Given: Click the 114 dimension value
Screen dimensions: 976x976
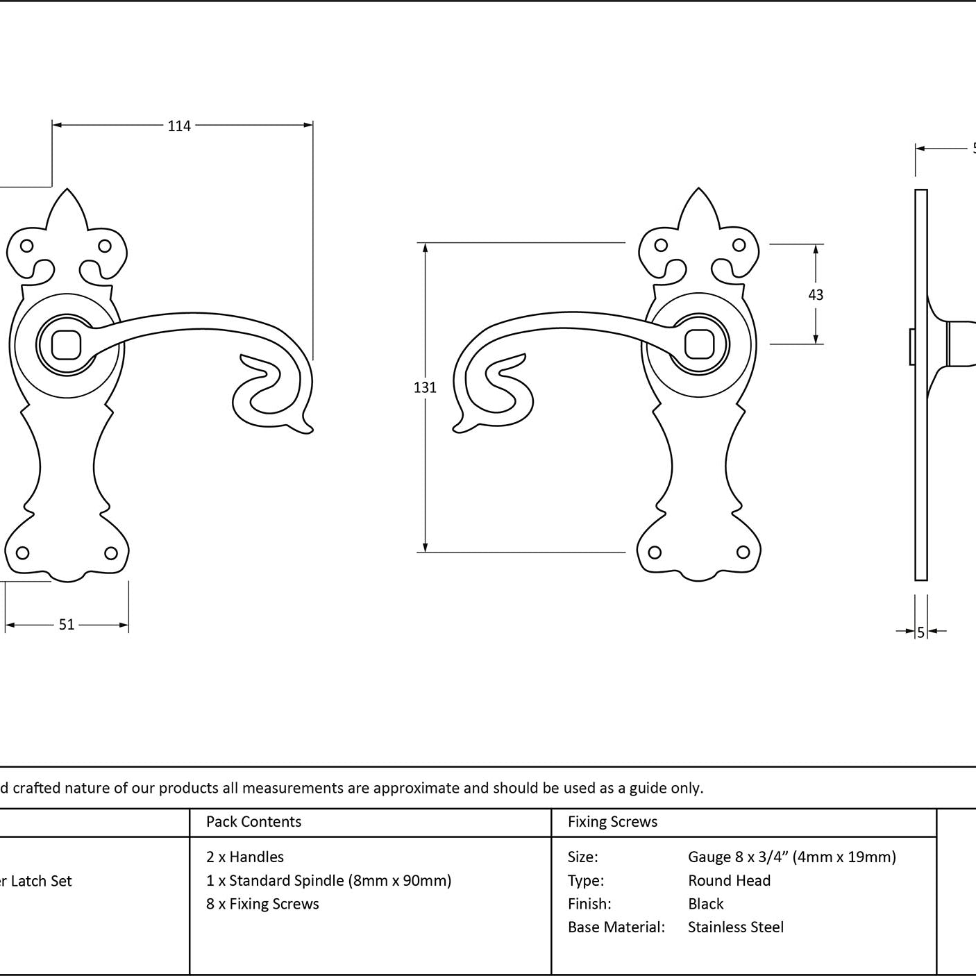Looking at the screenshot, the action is (x=179, y=126).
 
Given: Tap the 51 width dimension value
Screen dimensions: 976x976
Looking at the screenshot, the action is (x=67, y=625).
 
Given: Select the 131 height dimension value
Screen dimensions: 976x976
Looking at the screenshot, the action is (x=425, y=387).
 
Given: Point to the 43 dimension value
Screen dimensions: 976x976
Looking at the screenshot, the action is (x=816, y=295).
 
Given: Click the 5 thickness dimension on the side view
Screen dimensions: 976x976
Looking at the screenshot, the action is (x=920, y=632).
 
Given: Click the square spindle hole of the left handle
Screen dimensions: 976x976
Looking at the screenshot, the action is (x=66, y=345).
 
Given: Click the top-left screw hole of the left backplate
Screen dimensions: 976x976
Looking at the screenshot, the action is (x=27, y=246).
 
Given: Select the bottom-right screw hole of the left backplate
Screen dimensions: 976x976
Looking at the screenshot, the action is (x=111, y=553).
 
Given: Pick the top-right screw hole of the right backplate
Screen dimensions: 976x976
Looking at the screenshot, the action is (x=739, y=246).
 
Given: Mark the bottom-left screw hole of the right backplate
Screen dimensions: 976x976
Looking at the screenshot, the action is (x=655, y=552).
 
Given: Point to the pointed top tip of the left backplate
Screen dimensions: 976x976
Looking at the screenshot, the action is (x=67, y=189).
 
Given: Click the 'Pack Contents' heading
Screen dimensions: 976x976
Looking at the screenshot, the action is (x=253, y=821).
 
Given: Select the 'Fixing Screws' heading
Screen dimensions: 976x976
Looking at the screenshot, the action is (x=612, y=821).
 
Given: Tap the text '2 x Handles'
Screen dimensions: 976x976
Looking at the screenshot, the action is (x=244, y=857).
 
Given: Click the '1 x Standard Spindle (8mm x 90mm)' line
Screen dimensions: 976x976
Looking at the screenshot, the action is (x=329, y=880).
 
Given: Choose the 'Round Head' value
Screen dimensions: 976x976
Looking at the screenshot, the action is (x=730, y=880).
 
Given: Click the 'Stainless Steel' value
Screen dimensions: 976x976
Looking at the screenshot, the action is (x=735, y=927).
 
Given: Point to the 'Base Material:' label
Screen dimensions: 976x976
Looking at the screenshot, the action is (x=616, y=927).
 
